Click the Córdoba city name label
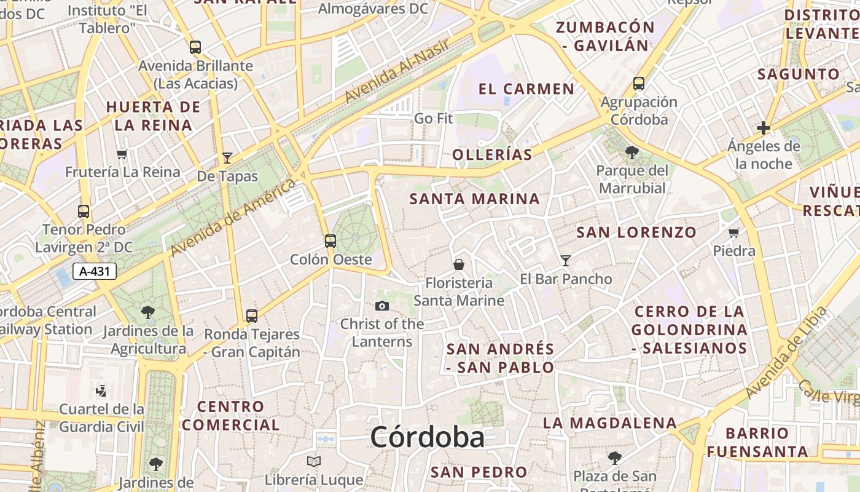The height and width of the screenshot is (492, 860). (x=427, y=438)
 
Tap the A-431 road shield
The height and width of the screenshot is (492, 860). (x=95, y=271)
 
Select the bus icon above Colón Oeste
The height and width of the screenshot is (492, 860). (x=330, y=240)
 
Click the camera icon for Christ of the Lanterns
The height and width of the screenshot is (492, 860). (x=382, y=306)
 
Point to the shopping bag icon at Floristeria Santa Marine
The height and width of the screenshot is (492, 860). (x=458, y=264)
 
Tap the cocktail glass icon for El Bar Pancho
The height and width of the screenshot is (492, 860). (x=566, y=260)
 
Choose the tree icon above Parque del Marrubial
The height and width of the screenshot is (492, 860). (x=631, y=152)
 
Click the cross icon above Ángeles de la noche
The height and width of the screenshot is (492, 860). (x=764, y=128)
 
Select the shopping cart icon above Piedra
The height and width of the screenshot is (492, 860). (x=733, y=232)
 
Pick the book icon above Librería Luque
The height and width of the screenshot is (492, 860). (x=314, y=461)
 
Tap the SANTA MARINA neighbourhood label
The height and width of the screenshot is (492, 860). (x=475, y=199)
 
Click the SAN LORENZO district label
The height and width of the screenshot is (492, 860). (x=636, y=232)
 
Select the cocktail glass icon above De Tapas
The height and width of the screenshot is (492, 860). (x=227, y=157)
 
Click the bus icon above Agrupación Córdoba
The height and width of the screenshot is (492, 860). (x=639, y=83)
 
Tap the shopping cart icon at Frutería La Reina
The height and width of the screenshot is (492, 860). (x=122, y=154)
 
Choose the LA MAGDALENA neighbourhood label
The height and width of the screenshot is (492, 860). (x=610, y=423)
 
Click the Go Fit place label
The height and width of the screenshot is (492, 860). (x=434, y=118)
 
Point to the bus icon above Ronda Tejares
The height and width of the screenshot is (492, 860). (x=252, y=316)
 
